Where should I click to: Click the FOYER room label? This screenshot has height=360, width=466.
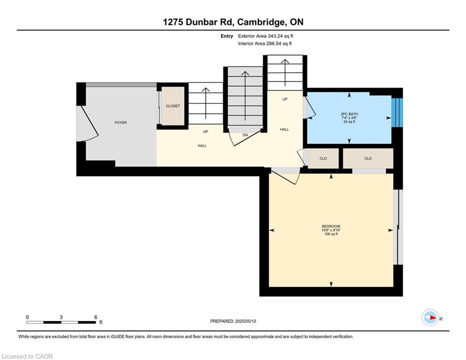click(121, 123)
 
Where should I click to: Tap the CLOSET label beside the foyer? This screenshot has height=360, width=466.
click(173, 106)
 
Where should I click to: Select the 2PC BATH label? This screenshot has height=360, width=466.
click(349, 114)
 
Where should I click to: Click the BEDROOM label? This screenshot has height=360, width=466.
click(331, 226)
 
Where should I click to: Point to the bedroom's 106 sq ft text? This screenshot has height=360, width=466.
click(331, 234)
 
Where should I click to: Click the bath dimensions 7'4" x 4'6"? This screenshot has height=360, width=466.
click(349, 118)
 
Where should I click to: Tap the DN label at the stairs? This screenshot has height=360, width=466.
click(245, 135)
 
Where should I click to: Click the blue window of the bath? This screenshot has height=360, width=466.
click(397, 112)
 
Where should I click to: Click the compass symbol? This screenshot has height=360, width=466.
click(430, 318)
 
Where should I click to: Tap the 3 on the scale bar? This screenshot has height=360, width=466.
click(61, 317)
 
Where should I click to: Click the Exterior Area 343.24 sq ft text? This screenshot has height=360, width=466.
click(266, 36)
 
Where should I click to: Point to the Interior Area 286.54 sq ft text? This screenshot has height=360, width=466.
click(265, 44)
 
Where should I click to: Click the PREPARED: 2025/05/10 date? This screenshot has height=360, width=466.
click(233, 321)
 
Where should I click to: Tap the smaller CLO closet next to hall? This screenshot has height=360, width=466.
click(323, 158)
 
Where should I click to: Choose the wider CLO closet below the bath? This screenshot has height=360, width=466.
click(368, 158)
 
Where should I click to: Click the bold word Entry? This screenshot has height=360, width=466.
click(227, 36)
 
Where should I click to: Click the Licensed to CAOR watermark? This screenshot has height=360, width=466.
click(27, 356)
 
